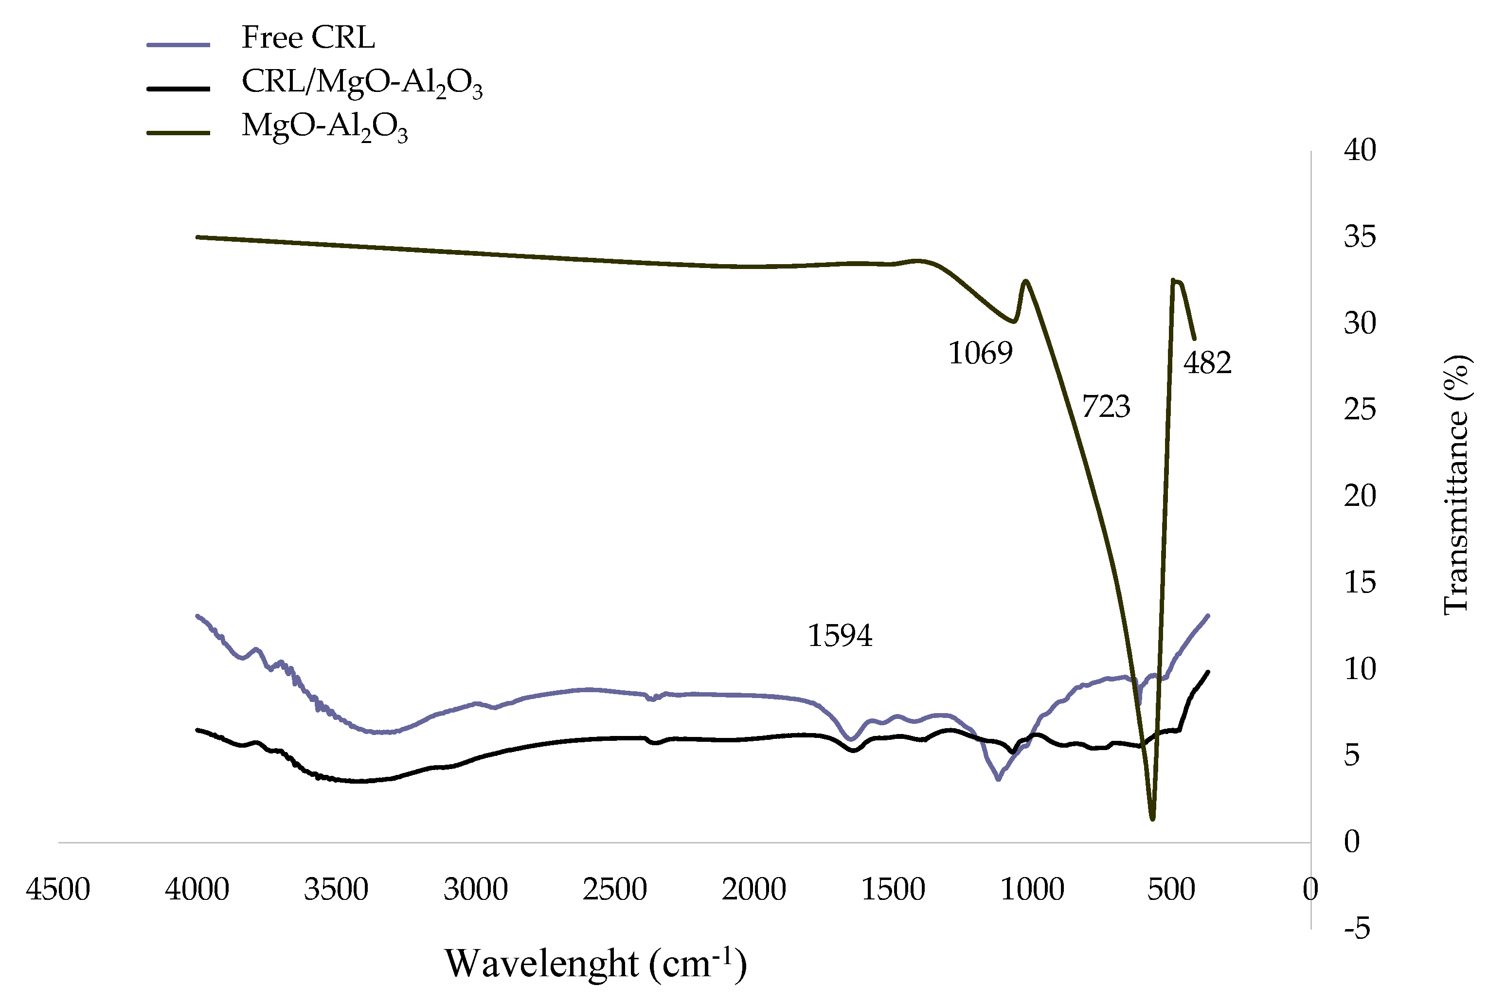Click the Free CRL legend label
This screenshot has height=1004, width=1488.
coord(307,38)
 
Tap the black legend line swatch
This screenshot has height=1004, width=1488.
coord(178,89)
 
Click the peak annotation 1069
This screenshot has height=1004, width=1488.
coord(980,354)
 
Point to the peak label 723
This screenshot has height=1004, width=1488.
coord(1106,407)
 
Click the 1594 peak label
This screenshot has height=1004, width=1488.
coord(840,636)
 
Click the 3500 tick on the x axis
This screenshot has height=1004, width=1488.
coord(336,891)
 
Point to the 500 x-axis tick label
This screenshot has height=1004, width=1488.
coord(1171,891)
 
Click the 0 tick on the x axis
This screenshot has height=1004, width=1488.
coord(1310,891)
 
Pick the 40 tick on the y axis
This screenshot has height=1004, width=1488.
coord(1359,150)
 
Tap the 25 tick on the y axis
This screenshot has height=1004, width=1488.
coord(1359,410)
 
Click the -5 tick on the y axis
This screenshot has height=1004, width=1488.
coord(1357,929)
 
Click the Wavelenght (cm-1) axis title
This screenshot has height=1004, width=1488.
coord(595,964)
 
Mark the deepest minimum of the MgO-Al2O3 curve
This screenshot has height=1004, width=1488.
coord(1152,818)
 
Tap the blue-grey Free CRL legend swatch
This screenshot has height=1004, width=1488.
coord(178,45)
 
